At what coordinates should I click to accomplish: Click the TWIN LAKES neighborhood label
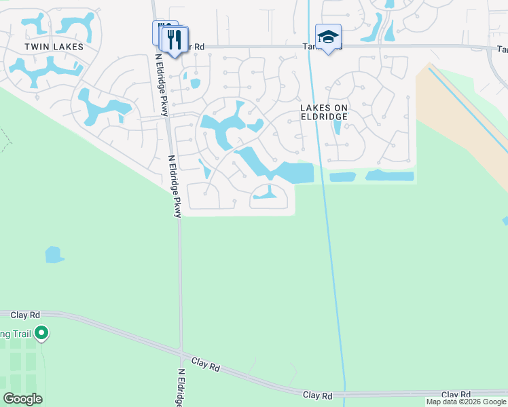click(54, 47)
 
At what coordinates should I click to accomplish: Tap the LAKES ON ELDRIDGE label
click(324, 112)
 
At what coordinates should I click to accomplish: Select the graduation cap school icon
click(328, 37)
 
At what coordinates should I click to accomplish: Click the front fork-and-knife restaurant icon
click(175, 39)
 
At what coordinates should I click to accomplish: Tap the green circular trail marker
click(41, 333)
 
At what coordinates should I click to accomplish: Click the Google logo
click(22, 399)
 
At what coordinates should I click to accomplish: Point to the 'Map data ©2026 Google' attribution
click(466, 402)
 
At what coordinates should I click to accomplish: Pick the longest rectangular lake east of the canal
click(390, 176)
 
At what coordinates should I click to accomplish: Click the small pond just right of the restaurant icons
click(196, 83)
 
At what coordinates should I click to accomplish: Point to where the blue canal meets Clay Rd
click(344, 393)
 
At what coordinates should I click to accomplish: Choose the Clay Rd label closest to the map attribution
click(456, 394)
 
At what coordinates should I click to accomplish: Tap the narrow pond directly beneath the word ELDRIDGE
click(338, 128)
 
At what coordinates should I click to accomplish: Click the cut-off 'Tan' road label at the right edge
click(502, 50)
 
